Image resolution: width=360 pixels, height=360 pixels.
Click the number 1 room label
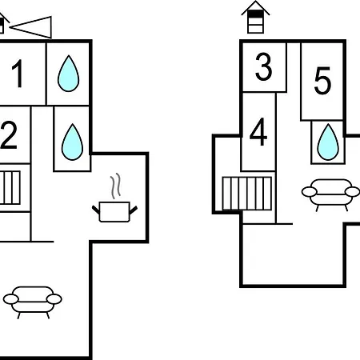coord(18,74)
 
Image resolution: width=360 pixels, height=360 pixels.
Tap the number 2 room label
coord(9,135)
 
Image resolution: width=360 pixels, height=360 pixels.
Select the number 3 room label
coord(264,66)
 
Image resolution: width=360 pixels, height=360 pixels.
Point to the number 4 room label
coord(258,132)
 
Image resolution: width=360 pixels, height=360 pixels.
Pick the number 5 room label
coord(322,81)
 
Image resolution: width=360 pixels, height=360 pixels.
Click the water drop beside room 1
coord(69,74)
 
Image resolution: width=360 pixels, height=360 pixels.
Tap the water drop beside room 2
coord(72,142)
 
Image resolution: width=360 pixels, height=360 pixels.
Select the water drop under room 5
coord(328,142)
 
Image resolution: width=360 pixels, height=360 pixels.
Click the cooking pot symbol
coord(114,211)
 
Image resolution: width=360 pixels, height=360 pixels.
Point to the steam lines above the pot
coord(115,186)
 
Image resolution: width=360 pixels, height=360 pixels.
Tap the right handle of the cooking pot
coord(134,210)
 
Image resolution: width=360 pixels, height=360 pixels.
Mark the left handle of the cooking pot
coord(96,210)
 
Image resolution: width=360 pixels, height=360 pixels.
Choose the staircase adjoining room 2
coord(10,188)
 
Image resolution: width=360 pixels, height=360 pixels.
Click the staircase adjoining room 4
coord(247,194)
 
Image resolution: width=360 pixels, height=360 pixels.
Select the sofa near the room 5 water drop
coord(330,195)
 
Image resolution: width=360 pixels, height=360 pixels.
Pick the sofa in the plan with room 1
coord(33,302)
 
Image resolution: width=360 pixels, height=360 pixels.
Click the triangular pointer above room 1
coord(30,27)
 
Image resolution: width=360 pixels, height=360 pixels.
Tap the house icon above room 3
coord(255,17)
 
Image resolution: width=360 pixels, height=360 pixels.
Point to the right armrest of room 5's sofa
coord(352,192)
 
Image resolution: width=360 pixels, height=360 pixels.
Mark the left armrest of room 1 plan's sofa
coord(11,299)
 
